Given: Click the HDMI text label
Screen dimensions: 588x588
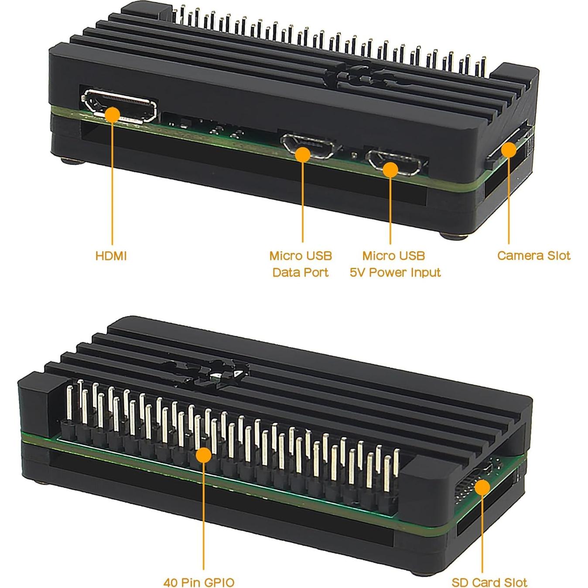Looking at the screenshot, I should pos(111,256).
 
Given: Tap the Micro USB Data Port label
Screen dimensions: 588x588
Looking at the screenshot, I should pos(301,264).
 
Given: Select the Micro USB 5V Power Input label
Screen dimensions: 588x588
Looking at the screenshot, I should pos(395,264).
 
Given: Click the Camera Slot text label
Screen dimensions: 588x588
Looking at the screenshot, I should pos(533,256).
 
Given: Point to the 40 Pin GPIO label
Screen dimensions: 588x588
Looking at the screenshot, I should pos(199,582).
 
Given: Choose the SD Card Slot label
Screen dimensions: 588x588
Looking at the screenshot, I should pos(489,582).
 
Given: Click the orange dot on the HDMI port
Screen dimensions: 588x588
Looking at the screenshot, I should pos(113,115).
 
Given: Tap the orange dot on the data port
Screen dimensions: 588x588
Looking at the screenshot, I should pos(303,154).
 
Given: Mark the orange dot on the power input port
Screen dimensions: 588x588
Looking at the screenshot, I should pos(390,169).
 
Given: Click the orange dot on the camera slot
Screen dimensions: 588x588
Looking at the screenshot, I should pos(509,150).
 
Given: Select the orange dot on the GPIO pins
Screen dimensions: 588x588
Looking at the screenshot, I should pos(203,455).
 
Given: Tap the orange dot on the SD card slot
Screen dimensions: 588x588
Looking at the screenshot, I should pos(482,486).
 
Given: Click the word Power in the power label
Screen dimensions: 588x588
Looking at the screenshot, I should pos(388,273).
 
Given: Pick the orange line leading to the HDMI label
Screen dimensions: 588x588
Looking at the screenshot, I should pos(112,183).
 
